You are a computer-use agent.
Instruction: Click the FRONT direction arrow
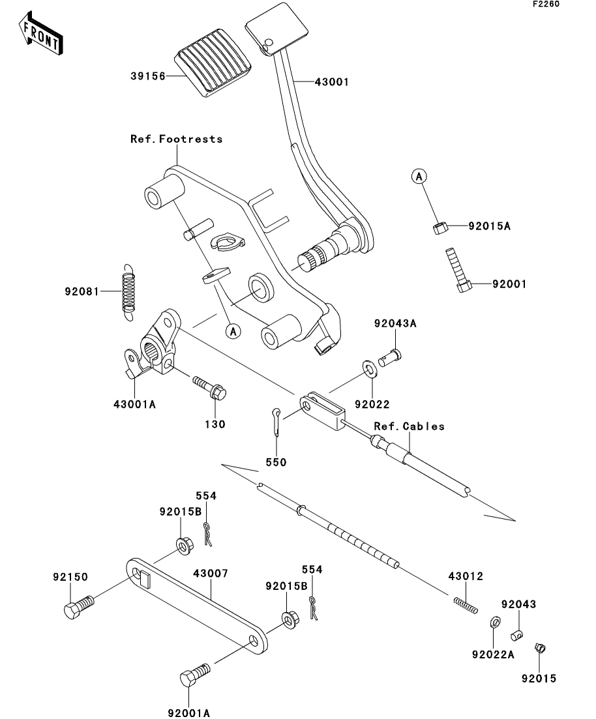40,35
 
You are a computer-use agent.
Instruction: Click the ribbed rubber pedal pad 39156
213,63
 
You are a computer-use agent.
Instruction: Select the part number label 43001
332,82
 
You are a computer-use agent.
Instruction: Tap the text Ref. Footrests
177,139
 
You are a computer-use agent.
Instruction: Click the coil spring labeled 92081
129,292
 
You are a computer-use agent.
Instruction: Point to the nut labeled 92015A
440,227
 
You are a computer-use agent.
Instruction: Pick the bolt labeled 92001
458,271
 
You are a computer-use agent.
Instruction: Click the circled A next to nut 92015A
419,177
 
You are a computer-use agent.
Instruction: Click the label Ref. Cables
410,426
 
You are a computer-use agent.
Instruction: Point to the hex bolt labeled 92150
79,607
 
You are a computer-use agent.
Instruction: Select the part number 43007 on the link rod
211,574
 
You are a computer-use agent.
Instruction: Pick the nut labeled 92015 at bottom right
540,649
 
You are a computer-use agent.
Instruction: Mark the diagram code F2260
546,5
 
